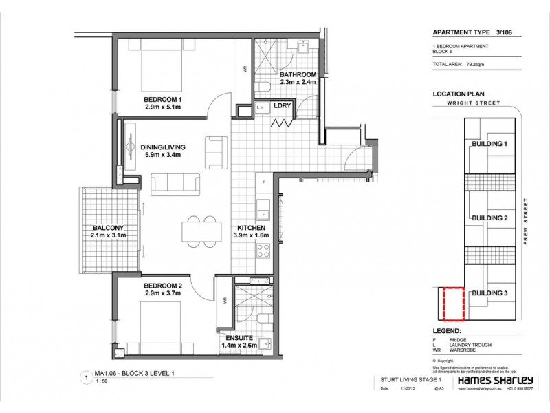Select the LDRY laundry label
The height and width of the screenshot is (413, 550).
(281, 106)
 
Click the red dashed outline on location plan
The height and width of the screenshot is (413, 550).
(453, 304)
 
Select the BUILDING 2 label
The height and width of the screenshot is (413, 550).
(489, 218)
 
